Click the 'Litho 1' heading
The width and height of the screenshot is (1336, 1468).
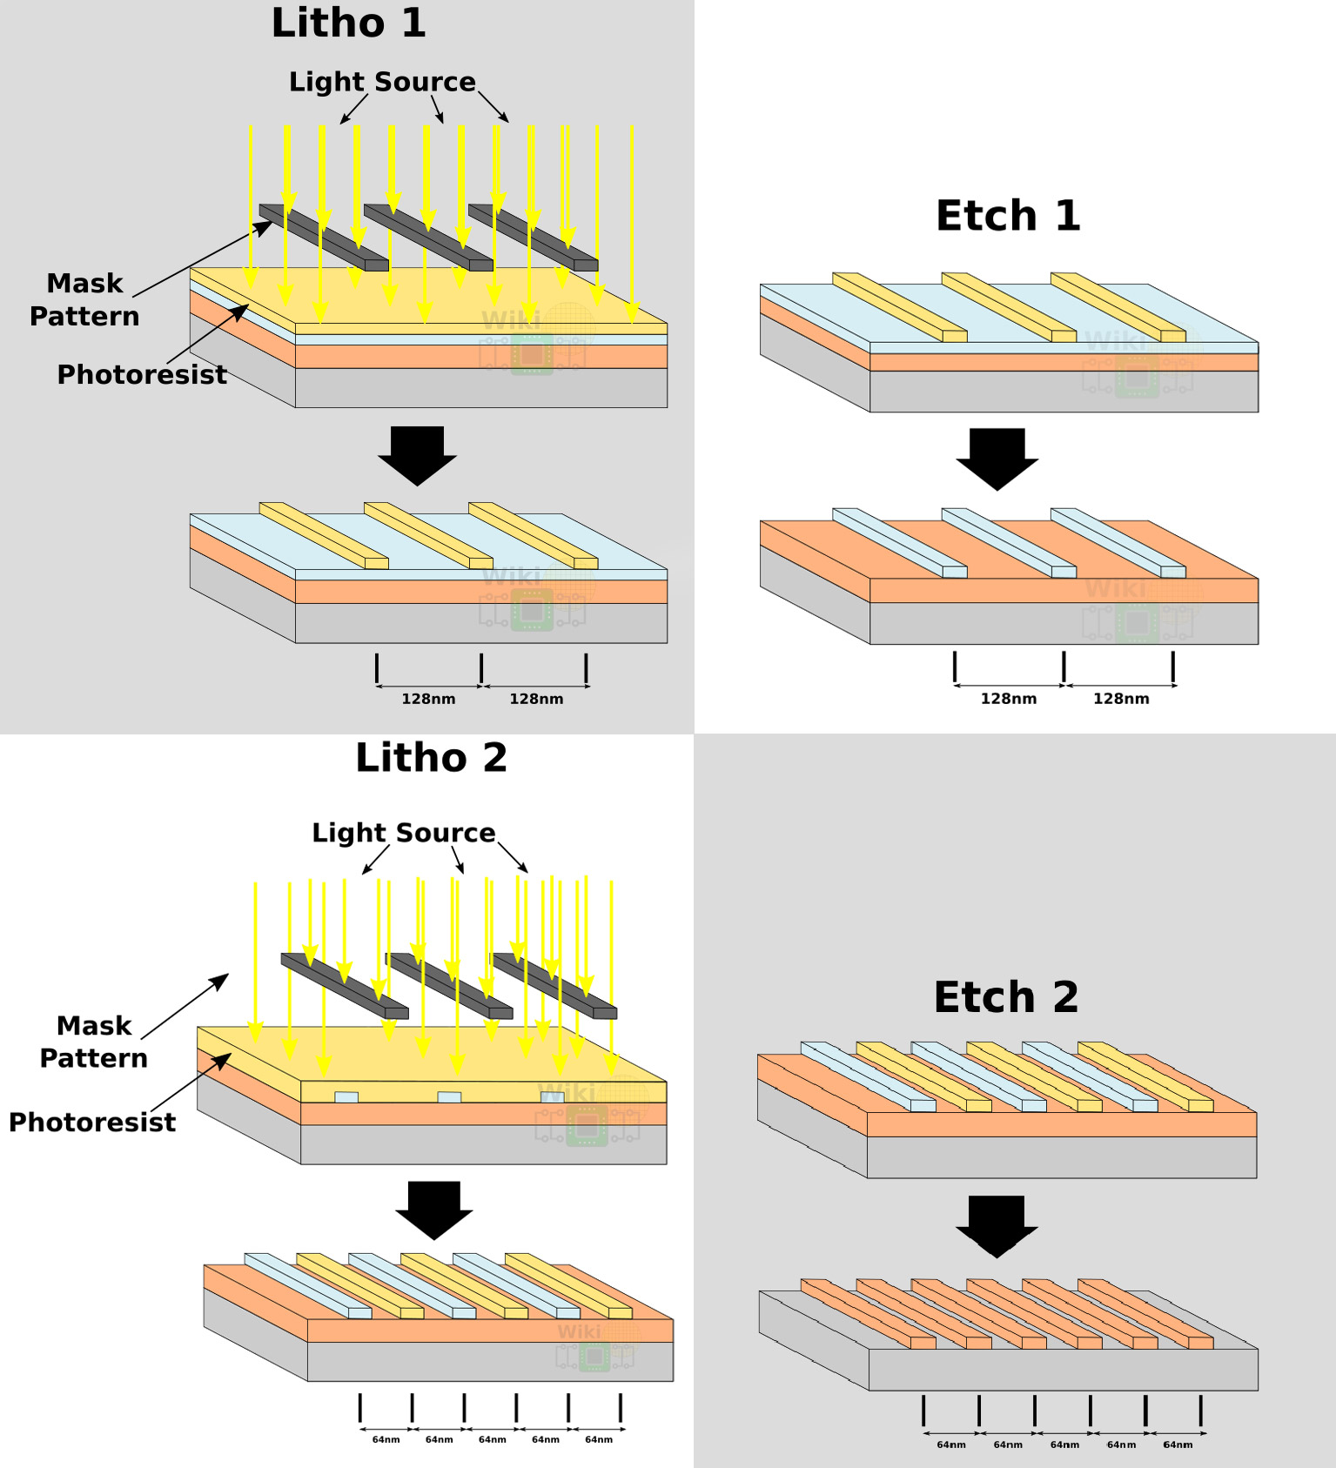click(x=348, y=23)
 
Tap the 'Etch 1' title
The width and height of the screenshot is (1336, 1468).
click(x=1008, y=216)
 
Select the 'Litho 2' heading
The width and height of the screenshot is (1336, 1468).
click(x=431, y=758)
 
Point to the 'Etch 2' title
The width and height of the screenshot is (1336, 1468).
click(x=1006, y=997)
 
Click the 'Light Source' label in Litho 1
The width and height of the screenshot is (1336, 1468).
click(x=382, y=82)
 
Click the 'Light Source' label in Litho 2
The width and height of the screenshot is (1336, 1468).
click(x=404, y=833)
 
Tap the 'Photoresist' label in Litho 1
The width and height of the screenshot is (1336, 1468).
click(x=142, y=375)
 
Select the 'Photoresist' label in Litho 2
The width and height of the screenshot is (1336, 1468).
click(x=92, y=1123)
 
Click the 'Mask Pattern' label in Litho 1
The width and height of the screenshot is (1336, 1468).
click(x=84, y=299)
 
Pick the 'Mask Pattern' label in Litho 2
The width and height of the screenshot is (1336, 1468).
click(x=94, y=1042)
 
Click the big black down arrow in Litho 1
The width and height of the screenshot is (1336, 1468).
click(x=418, y=455)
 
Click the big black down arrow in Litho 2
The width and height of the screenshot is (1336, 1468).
click(x=434, y=1210)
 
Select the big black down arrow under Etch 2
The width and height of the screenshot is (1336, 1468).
click(x=997, y=1226)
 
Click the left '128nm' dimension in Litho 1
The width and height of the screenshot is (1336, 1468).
click(x=428, y=699)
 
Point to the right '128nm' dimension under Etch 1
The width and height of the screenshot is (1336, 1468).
click(x=1121, y=699)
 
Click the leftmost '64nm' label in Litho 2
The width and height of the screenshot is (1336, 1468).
click(x=386, y=1439)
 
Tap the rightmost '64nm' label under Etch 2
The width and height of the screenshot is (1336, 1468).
click(x=1178, y=1445)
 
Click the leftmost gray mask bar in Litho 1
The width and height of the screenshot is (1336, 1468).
click(x=324, y=238)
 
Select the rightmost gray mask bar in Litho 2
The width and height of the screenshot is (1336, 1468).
click(x=554, y=986)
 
